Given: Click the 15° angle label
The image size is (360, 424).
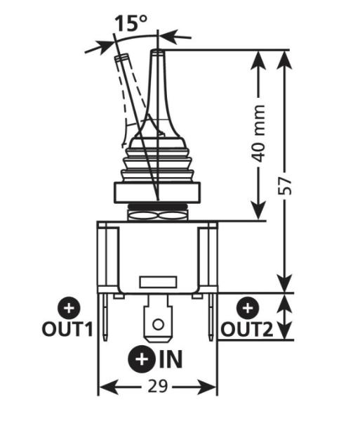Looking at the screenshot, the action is click(131, 23).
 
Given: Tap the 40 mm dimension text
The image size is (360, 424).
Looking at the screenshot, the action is click(258, 134).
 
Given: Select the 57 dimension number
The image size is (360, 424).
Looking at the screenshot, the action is click(286, 186).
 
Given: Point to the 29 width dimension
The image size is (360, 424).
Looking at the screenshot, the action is click(158, 387).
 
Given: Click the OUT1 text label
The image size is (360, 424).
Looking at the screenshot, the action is click(67, 329).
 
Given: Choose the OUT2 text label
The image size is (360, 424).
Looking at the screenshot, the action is click(247, 329).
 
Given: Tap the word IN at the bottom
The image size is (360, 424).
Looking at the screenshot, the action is click(171, 359).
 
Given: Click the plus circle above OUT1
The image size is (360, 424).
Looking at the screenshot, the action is click(69, 308).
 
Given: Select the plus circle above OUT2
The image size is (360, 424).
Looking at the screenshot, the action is click(248, 308).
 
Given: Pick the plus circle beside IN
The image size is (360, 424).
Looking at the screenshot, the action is click(142, 359).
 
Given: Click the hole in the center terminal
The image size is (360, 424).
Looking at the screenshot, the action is click(158, 324).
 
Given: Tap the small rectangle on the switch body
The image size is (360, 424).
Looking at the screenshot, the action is click(158, 282).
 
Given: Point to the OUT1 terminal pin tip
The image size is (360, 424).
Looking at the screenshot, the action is click(105, 340).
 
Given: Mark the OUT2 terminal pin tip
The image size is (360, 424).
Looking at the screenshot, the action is click(211, 340).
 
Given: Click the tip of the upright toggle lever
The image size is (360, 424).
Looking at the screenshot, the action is click(158, 51).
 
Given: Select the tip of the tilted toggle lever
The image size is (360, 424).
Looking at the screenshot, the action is click(121, 56).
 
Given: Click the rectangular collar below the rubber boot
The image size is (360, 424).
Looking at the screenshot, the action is click(157, 193).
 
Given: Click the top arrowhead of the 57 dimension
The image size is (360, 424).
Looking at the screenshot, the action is click(286, 60).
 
